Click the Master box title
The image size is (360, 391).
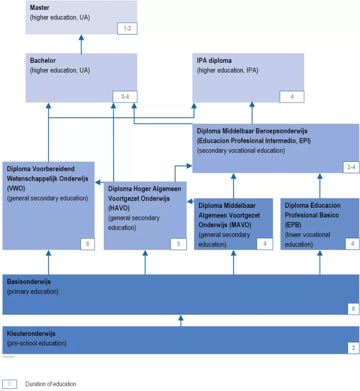[x=40, y=8]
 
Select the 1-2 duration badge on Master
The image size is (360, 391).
[x=127, y=28]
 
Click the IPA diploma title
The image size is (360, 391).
[x=214, y=61]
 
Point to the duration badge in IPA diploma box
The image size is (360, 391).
[x=291, y=96]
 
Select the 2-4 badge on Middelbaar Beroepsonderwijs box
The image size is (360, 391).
[x=351, y=167]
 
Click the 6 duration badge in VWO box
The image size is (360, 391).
[x=87, y=244]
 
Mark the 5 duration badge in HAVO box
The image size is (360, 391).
[x=178, y=244]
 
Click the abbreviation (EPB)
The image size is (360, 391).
[x=294, y=225]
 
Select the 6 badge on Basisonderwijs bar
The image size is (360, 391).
[x=353, y=309]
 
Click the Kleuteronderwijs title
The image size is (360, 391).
[x=31, y=333]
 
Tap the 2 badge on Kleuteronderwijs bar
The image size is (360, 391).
[x=353, y=348]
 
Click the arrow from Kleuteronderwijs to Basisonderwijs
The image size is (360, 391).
[x=181, y=320]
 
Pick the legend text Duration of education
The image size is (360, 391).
[x=51, y=384]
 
